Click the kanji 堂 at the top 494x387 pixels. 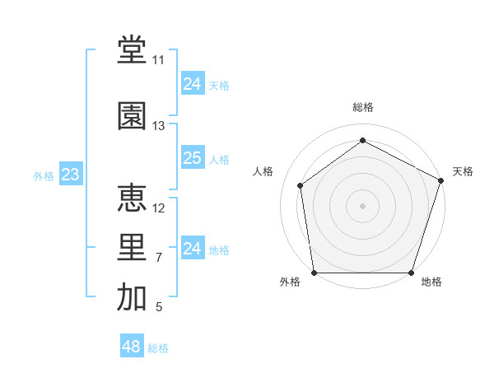pyautogui.click(x=132, y=50)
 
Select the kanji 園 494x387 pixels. pyautogui.click(x=132, y=116)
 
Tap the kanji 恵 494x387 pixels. pyautogui.click(x=132, y=198)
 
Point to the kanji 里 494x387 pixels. pyautogui.click(x=132, y=248)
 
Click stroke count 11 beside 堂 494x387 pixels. pyautogui.click(x=158, y=60)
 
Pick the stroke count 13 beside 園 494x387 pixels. pyautogui.click(x=158, y=126)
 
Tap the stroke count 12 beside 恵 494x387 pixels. pyautogui.click(x=159, y=208)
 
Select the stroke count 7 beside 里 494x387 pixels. pyautogui.click(x=158, y=258)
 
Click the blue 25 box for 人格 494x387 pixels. pyautogui.click(x=193, y=158)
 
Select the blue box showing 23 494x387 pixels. pyautogui.click(x=70, y=175)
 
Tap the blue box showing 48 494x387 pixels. pyautogui.click(x=132, y=347)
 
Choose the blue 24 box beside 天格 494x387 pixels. pyautogui.click(x=193, y=84)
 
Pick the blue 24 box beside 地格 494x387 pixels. pyautogui.click(x=193, y=249)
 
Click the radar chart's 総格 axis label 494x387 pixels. pyautogui.click(x=363, y=107)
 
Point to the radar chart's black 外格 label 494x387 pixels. pyautogui.click(x=291, y=282)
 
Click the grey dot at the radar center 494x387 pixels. pyautogui.click(x=362, y=205)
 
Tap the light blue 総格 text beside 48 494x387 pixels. pyautogui.click(x=159, y=348)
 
